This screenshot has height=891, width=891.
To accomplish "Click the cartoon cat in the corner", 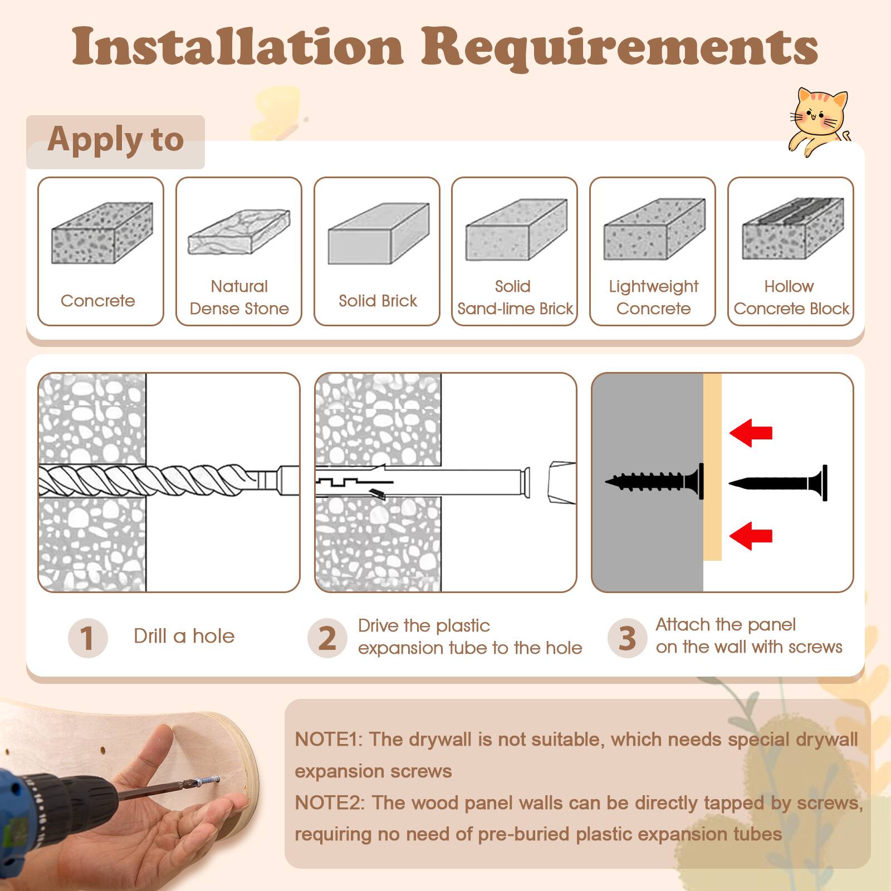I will tap(819, 120).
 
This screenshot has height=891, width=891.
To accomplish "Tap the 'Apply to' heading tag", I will tap(115, 140).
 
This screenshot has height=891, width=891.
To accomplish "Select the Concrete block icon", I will tap(102, 233).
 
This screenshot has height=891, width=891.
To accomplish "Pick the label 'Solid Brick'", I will tap(378, 301).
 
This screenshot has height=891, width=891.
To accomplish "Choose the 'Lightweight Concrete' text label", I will tap(653, 297).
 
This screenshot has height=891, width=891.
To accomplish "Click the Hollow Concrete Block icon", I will tap(792, 228).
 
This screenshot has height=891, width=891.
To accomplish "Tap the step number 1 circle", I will tap(87, 638).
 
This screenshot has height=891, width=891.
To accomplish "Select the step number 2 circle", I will tap(327, 638).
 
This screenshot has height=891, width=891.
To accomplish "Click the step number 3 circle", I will tap(627, 638).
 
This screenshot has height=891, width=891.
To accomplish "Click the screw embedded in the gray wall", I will tap(655, 481).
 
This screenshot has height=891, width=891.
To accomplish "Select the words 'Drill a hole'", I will tap(184, 636).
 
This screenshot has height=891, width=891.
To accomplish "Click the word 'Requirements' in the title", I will tap(619, 47).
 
